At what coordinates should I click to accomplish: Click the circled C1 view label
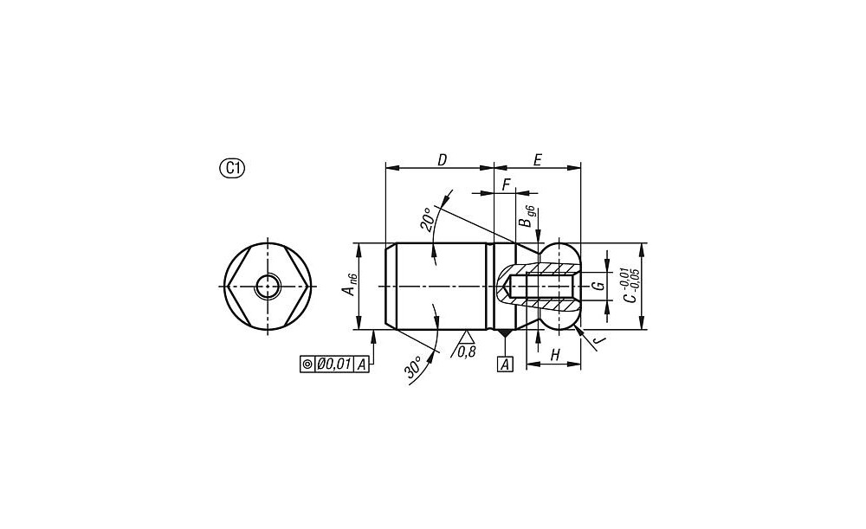[x=232, y=169]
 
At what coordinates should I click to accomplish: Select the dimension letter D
[x=442, y=160]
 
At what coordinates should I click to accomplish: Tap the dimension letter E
[x=538, y=160]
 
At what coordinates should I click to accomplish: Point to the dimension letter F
[x=506, y=185]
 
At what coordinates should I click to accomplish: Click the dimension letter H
[x=555, y=355]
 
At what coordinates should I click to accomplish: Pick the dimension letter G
[x=597, y=286]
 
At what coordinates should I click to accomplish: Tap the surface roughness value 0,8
[x=467, y=352]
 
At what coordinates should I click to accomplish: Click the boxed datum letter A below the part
[x=506, y=364]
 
